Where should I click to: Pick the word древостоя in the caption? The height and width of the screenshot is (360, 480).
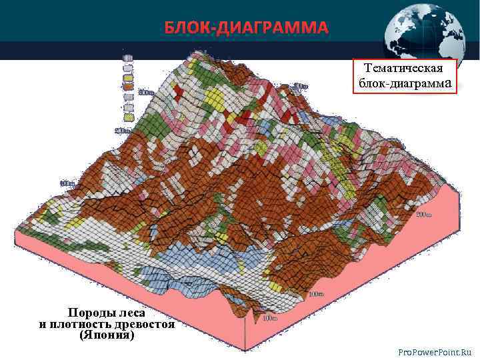[145, 325]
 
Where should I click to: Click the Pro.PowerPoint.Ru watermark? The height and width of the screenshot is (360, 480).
[434, 351]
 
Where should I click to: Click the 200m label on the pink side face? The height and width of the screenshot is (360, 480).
[423, 215]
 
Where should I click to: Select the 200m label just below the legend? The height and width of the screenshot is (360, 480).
[123, 130]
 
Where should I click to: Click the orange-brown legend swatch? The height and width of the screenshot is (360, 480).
[127, 86]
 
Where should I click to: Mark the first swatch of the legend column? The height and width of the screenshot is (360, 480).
[127, 57]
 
